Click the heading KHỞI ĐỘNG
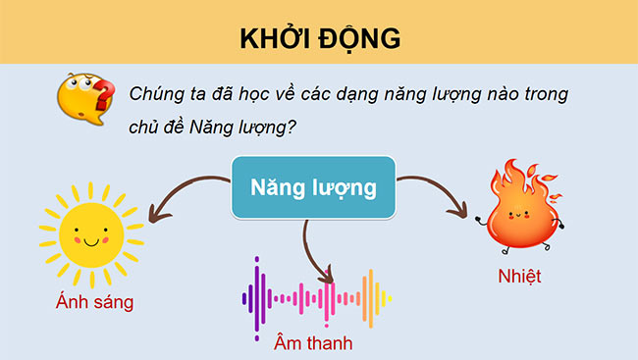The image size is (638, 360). tap(319, 38)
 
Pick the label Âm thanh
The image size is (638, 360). tap(313, 344)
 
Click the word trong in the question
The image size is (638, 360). tap(544, 94)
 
